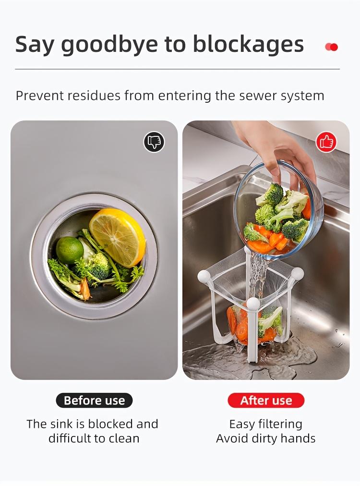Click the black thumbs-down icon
(154, 142)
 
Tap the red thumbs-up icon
(326, 142)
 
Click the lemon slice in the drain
(117, 237)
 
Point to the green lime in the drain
(70, 250)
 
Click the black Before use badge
(94, 401)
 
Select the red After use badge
(266, 401)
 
